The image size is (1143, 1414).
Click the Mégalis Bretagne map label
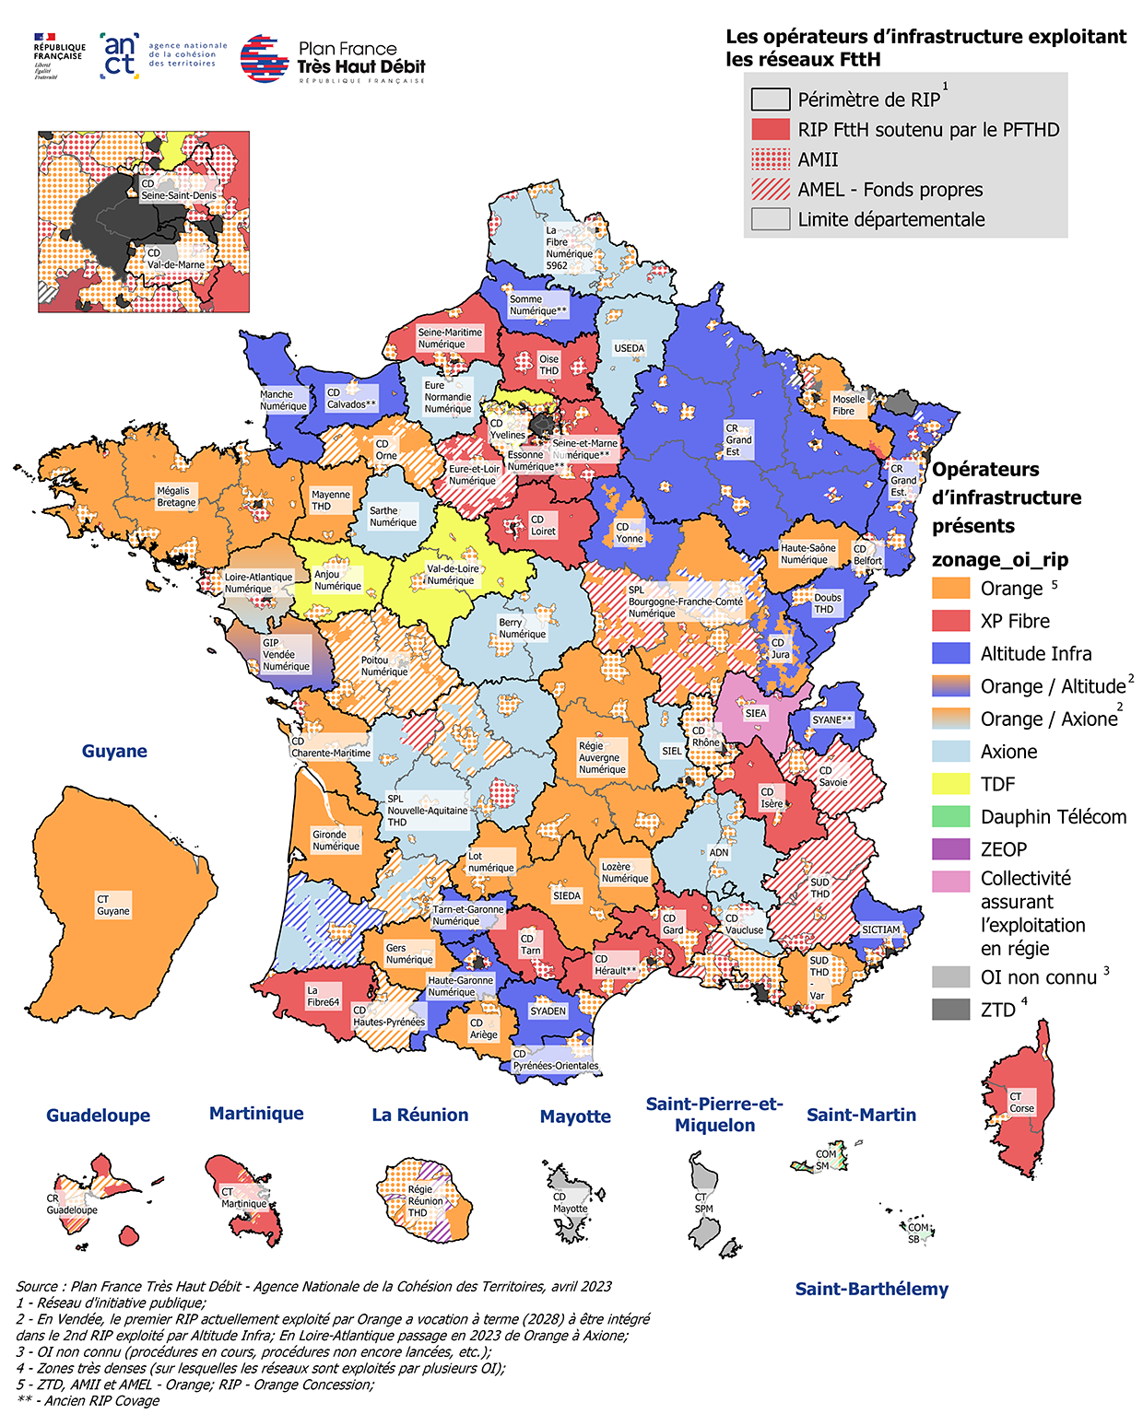[x=176, y=497]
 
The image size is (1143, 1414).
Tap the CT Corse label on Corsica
[x=1021, y=1102]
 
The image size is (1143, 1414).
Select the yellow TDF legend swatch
[x=950, y=784]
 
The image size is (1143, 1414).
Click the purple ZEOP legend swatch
[x=950, y=849]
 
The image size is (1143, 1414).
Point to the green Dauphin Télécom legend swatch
[x=950, y=817]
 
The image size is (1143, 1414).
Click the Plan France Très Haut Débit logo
[x=333, y=60]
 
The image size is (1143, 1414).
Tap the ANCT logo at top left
[x=162, y=56]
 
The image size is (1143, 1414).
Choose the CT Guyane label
[x=113, y=905]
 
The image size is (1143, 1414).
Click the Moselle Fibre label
[x=848, y=404]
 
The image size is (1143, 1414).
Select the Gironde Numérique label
[x=336, y=840]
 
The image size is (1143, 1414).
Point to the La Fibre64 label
[x=323, y=996]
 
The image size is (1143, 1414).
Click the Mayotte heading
[x=575, y=1116]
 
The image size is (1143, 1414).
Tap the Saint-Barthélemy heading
[x=871, y=1289]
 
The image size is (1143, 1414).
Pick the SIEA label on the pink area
[x=755, y=713]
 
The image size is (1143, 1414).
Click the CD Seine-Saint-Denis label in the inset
[x=178, y=190]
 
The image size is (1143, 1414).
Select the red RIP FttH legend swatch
[x=770, y=129]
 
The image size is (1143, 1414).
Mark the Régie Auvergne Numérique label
[x=602, y=757]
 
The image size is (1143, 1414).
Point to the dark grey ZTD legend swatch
[x=950, y=1010]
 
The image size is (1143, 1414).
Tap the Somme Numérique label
[x=538, y=305]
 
